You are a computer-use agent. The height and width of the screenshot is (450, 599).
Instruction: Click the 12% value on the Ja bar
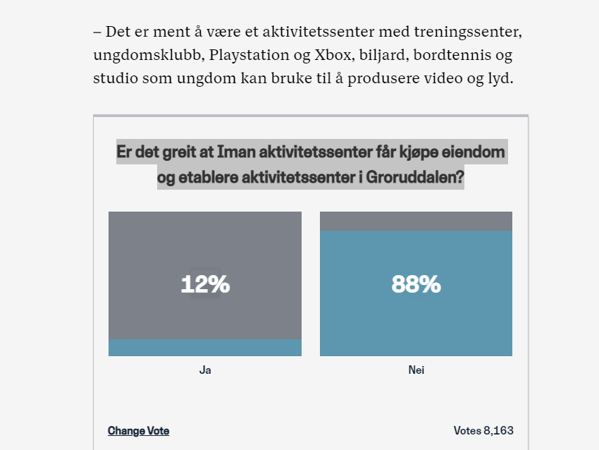(x=205, y=284)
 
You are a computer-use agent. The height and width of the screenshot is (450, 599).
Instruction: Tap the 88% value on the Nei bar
(x=416, y=284)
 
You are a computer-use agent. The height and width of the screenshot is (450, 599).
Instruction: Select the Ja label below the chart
(x=205, y=370)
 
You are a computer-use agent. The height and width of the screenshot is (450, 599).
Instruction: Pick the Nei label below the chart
(x=416, y=370)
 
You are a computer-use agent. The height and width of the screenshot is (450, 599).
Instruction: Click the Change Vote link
(x=138, y=431)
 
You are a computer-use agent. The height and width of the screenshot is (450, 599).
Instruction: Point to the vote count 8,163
(x=499, y=430)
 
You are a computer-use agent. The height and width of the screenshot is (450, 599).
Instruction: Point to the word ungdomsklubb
(x=135, y=56)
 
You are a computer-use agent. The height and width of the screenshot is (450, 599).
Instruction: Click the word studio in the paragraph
(x=115, y=78)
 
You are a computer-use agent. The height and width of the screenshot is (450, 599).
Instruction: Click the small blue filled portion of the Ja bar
(x=205, y=348)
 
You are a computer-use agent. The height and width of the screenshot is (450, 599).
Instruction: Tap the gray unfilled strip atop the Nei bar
(x=416, y=221)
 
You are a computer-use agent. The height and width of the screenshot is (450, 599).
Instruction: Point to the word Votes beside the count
(x=467, y=430)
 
